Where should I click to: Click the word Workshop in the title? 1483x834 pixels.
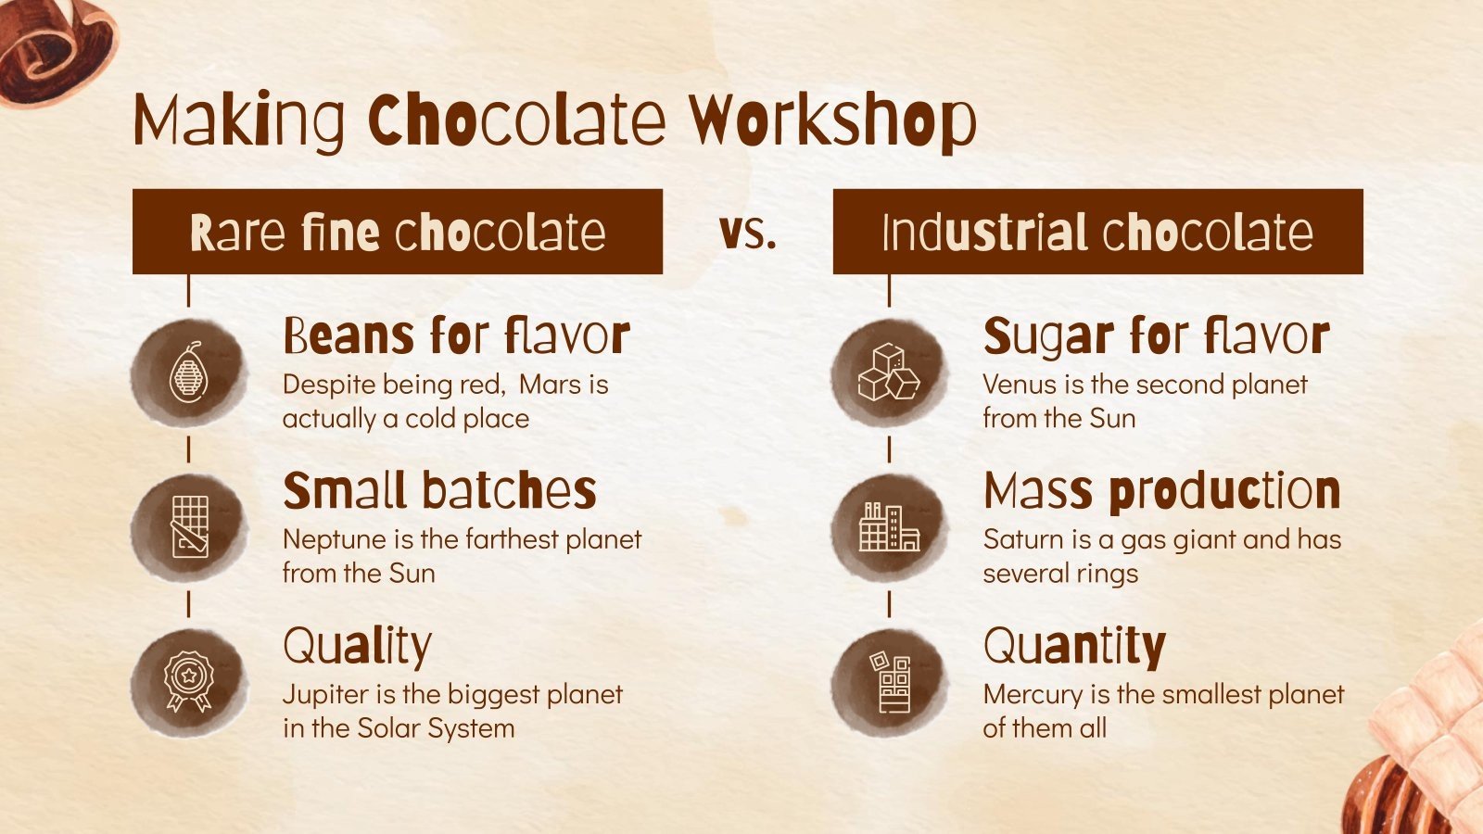pos(832,121)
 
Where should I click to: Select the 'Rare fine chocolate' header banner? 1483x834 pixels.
pos(397,232)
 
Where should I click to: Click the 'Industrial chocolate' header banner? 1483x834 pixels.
pos(1097,232)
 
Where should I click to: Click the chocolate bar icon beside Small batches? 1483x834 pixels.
pos(190,527)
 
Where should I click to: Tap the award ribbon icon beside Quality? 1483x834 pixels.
pos(188,682)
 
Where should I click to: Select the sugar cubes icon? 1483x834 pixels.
pos(888,373)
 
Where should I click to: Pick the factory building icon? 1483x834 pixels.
pos(888,527)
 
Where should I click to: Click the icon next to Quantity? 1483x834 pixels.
pos(889,682)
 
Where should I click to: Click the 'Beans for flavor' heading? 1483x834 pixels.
pos(456,335)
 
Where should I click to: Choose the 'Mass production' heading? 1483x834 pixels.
pos(1161,490)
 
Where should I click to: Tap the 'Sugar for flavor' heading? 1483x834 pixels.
pos(1156,335)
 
